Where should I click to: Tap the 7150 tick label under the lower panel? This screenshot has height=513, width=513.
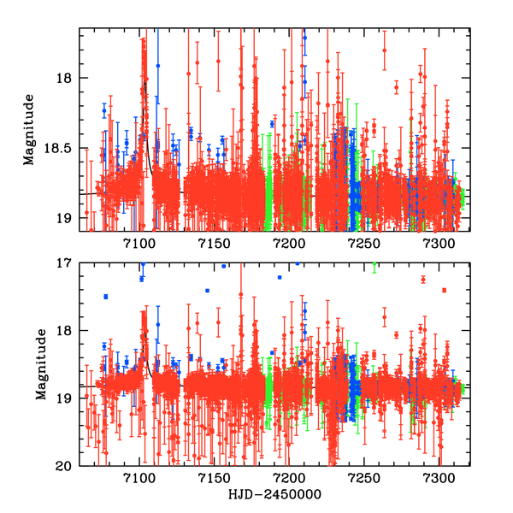pos(215,478)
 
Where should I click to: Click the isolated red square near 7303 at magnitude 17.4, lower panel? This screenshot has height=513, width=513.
pos(445,291)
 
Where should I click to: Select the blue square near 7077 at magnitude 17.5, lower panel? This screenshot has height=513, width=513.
pos(106,297)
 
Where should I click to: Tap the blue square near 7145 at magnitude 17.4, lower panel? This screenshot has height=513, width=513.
pos(207,291)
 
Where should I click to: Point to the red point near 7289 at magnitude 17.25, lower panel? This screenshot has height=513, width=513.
pos(423,280)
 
